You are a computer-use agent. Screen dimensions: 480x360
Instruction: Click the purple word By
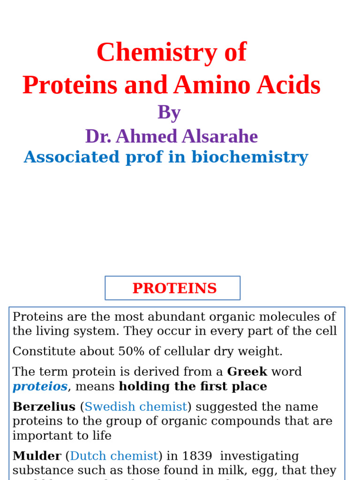click(x=169, y=112)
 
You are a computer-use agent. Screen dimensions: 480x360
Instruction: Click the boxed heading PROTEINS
click(x=174, y=288)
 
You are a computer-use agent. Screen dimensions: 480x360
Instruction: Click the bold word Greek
click(x=247, y=372)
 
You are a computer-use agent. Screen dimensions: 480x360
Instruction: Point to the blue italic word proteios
click(x=40, y=386)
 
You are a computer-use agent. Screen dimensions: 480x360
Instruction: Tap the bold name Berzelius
click(x=44, y=406)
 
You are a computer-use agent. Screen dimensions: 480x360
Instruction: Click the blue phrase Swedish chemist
click(x=135, y=406)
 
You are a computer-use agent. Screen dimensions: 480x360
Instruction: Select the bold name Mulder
click(x=37, y=456)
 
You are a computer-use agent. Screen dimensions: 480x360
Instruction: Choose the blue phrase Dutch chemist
click(x=114, y=456)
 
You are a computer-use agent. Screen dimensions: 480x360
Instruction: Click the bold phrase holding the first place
click(x=193, y=386)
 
